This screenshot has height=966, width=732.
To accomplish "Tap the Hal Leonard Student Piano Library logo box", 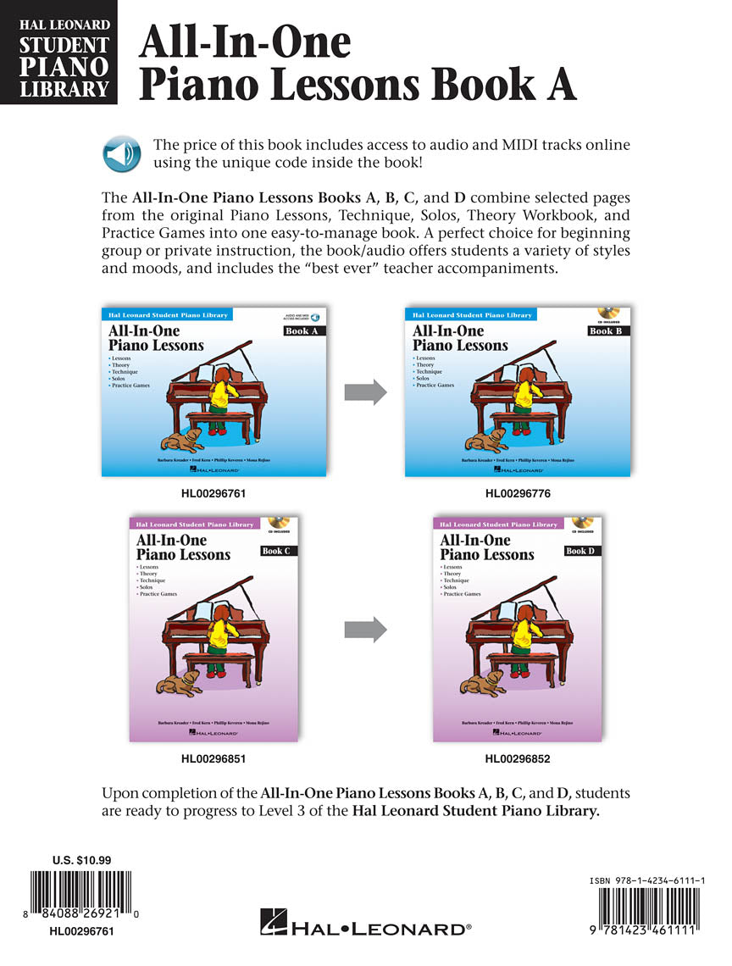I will (x=58, y=53).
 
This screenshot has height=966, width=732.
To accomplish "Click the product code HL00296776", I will (x=518, y=492).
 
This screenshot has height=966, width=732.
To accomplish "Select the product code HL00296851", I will (x=213, y=759).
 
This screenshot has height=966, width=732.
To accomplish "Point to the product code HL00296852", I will (x=518, y=759).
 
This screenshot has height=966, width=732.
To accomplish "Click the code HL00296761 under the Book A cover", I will (x=213, y=492).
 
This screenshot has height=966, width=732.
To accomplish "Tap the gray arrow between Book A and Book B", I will (x=365, y=391).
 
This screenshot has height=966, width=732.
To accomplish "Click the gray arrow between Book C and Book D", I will (x=365, y=629).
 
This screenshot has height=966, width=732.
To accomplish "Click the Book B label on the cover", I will (x=606, y=330).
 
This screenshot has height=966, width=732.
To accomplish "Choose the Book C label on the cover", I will (x=276, y=551).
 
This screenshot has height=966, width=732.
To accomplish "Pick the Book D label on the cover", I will (x=580, y=551).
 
